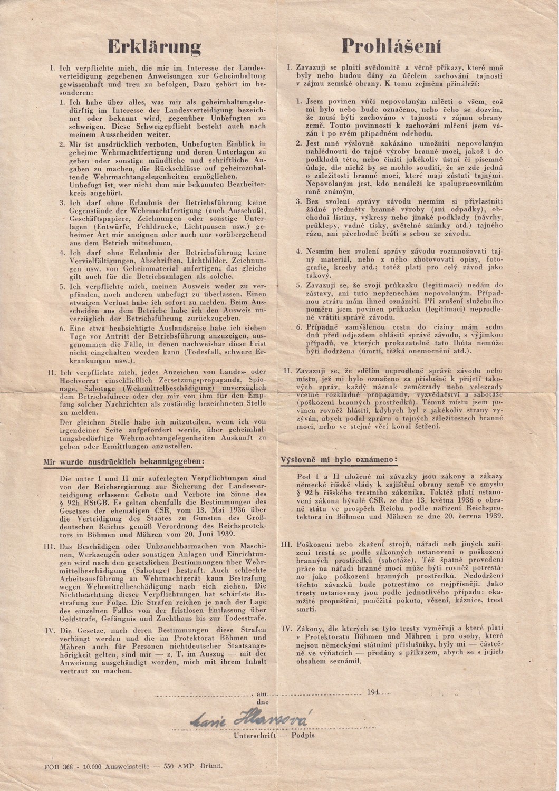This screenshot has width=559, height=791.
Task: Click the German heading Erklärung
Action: coord(155,47)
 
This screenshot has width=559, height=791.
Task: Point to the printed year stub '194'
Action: coord(373,692)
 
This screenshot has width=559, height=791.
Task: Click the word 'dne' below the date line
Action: coord(262,702)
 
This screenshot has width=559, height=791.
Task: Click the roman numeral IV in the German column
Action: coord(50,631)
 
